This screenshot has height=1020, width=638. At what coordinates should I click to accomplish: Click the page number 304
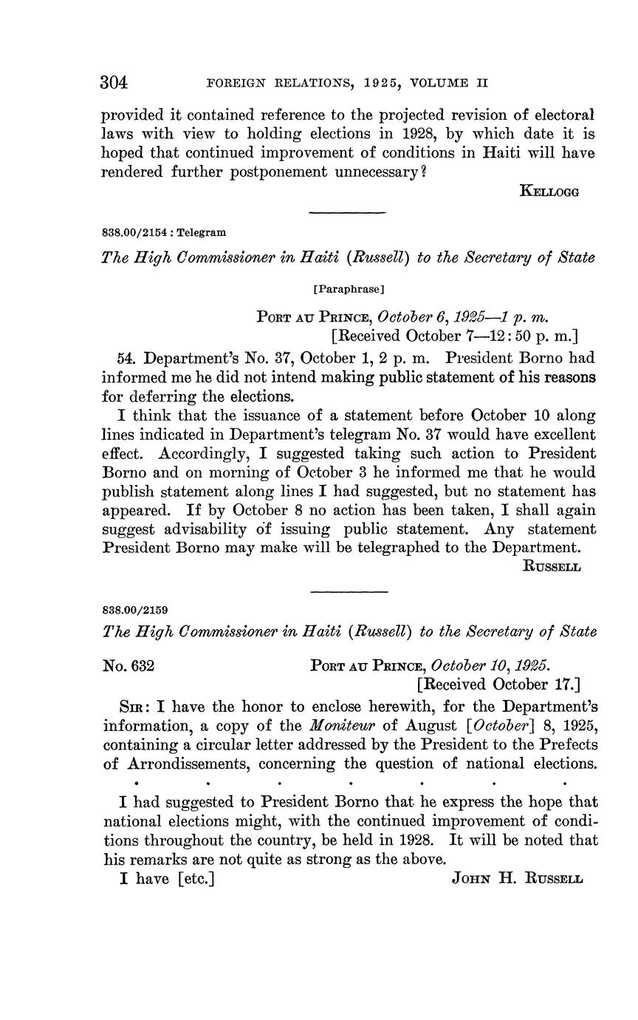click(x=114, y=82)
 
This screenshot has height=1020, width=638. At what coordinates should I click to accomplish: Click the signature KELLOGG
click(x=549, y=191)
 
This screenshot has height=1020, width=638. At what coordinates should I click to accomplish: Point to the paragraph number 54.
click(x=127, y=358)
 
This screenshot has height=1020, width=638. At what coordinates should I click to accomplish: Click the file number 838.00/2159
click(x=135, y=611)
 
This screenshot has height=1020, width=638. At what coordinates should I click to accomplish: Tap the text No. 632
click(x=128, y=664)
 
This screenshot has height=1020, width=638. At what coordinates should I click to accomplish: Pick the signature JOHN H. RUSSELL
click(x=517, y=880)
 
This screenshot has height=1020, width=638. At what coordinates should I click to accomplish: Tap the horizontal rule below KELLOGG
click(x=348, y=214)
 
